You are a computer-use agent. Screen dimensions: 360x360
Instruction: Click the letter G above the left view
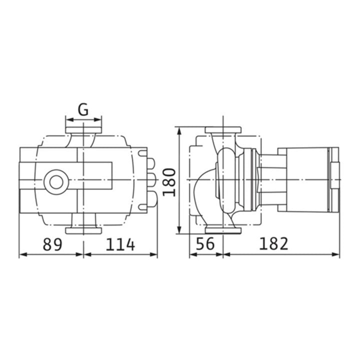[x=83, y=109]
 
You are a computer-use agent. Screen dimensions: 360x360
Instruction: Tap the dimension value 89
[x=52, y=244]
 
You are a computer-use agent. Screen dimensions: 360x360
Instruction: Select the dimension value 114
[x=120, y=244]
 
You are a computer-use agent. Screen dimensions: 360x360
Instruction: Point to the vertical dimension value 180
[x=169, y=182]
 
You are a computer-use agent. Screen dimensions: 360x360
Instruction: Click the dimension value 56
[x=205, y=243]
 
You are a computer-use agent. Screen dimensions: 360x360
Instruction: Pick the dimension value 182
[x=273, y=243]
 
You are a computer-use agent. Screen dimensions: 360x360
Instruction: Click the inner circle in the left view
[x=56, y=182]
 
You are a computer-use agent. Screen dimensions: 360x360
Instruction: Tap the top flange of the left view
[x=83, y=130]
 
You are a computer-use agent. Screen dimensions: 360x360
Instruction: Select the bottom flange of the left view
[x=83, y=230]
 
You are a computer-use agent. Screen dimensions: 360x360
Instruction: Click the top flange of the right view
[x=223, y=130]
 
